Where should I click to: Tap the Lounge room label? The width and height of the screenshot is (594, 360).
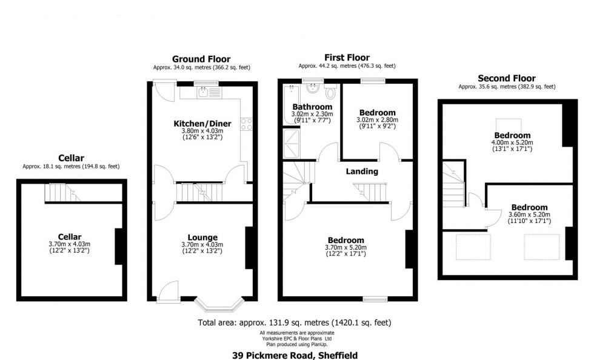[x=202, y=237]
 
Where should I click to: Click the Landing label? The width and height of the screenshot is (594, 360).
[x=362, y=172]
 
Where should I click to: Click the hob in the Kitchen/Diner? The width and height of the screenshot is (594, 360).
[x=247, y=124]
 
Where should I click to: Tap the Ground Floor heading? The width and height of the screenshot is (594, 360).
[x=201, y=59]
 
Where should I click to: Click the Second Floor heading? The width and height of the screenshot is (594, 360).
[x=506, y=78]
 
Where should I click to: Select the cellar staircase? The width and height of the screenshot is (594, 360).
[x=61, y=193]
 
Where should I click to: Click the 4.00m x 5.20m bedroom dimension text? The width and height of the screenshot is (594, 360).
[x=512, y=142]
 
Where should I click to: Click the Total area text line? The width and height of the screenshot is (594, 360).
[x=298, y=323]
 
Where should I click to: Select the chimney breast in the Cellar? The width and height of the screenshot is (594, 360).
[x=119, y=247]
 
